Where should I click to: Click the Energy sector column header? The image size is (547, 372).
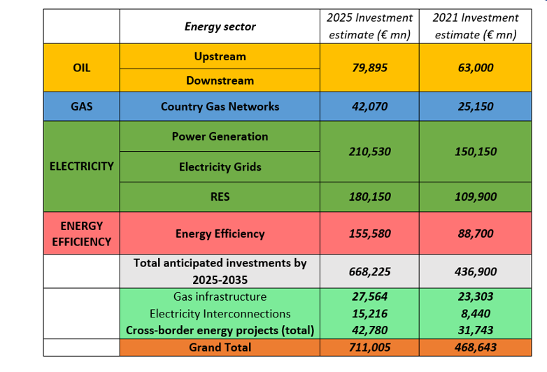pos(220,27)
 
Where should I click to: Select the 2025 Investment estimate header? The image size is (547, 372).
pos(370,26)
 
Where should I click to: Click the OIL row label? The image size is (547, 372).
pos(81,68)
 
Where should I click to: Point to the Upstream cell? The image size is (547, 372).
pos(220,57)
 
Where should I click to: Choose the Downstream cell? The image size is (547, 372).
pos(220,80)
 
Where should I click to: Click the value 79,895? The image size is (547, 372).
pos(370,68)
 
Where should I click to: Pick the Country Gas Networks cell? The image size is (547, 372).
pos(220,107)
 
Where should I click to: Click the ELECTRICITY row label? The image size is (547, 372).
pos(81,166)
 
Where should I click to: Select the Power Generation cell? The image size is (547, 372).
pos(220,136)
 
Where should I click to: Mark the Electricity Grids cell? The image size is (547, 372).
pos(220,166)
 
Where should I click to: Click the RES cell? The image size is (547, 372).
pos(220,196)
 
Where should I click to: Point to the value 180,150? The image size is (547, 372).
pos(370,196)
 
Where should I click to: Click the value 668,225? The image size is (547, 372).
pos(370,271)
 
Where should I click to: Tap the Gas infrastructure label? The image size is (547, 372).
pos(220,296)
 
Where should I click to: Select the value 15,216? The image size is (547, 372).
pos(370,313)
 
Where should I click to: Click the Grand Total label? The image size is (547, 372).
pos(220,347)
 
